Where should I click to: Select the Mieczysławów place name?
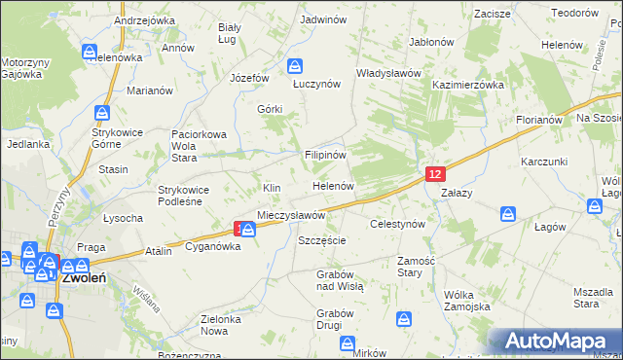tap(290, 214)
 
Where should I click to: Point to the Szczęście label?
tap(322, 239)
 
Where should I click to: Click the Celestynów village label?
tap(398, 224)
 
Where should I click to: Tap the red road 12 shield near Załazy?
tap(435, 173)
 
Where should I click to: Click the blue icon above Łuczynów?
tap(295, 66)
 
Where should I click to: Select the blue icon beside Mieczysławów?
tap(249, 230)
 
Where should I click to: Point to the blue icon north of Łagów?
tap(507, 213)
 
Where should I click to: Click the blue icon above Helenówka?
tap(89, 51)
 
